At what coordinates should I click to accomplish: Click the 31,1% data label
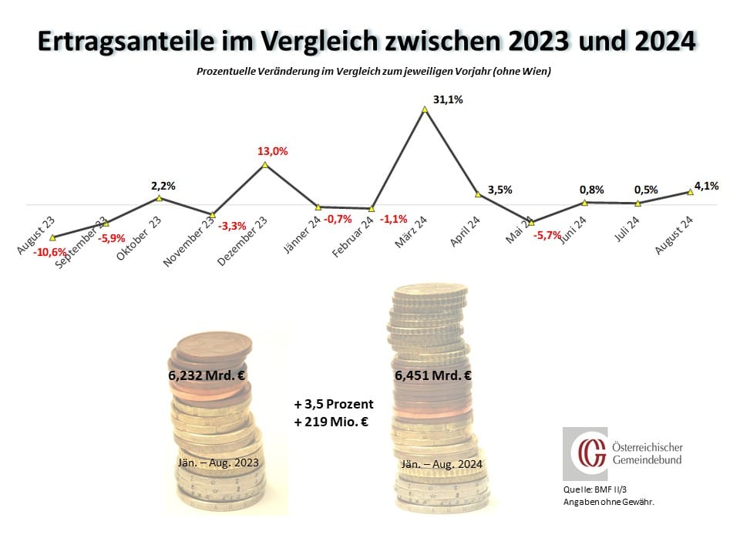point(448,100)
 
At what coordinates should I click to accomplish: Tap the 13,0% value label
point(273,152)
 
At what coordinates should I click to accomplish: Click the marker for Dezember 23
point(265,164)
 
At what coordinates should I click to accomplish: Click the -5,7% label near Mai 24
point(549,235)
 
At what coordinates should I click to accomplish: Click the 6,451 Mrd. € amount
point(432,377)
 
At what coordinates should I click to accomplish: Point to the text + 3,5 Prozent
point(333,404)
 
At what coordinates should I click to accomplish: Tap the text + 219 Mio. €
point(333,422)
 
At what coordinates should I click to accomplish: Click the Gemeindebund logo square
point(584,454)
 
